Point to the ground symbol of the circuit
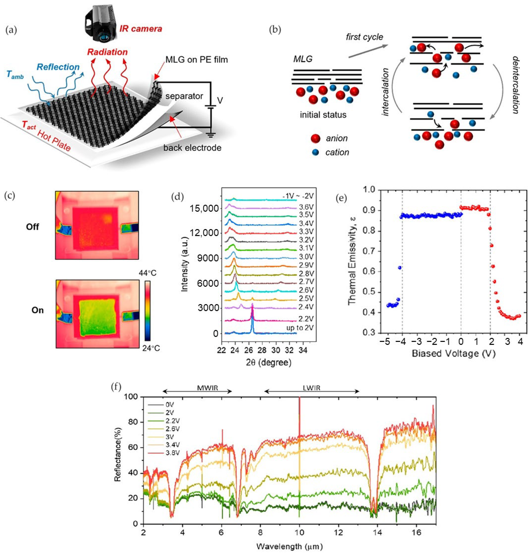pyautogui.click(x=210, y=135)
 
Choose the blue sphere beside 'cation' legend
pyautogui.click(x=316, y=152)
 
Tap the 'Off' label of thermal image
pyautogui.click(x=32, y=227)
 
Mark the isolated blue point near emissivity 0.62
pyautogui.click(x=399, y=267)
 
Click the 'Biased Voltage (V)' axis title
pyautogui.click(x=454, y=353)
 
